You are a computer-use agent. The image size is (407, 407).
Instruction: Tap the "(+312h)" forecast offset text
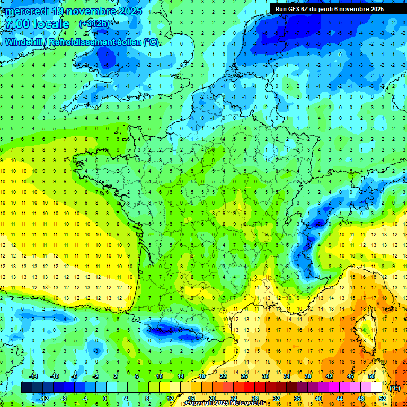[95, 23]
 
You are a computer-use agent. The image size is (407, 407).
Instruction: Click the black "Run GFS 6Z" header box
[335, 8]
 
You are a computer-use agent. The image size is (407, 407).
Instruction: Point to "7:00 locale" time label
[37, 24]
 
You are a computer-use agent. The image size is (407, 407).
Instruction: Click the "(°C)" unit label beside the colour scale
[394, 388]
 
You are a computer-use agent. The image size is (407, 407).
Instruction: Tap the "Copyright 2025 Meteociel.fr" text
[225, 403]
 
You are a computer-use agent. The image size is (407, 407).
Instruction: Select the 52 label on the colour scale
[382, 399]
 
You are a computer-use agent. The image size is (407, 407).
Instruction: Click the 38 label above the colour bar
[307, 376]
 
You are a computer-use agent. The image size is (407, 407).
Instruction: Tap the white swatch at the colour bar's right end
[376, 387]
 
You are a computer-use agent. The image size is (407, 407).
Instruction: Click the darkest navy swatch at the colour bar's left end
[26, 387]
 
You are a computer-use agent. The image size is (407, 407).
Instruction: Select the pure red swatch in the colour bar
[249, 387]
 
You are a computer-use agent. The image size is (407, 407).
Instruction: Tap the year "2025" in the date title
[130, 11]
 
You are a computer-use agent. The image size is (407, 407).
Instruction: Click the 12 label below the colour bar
[170, 399]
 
